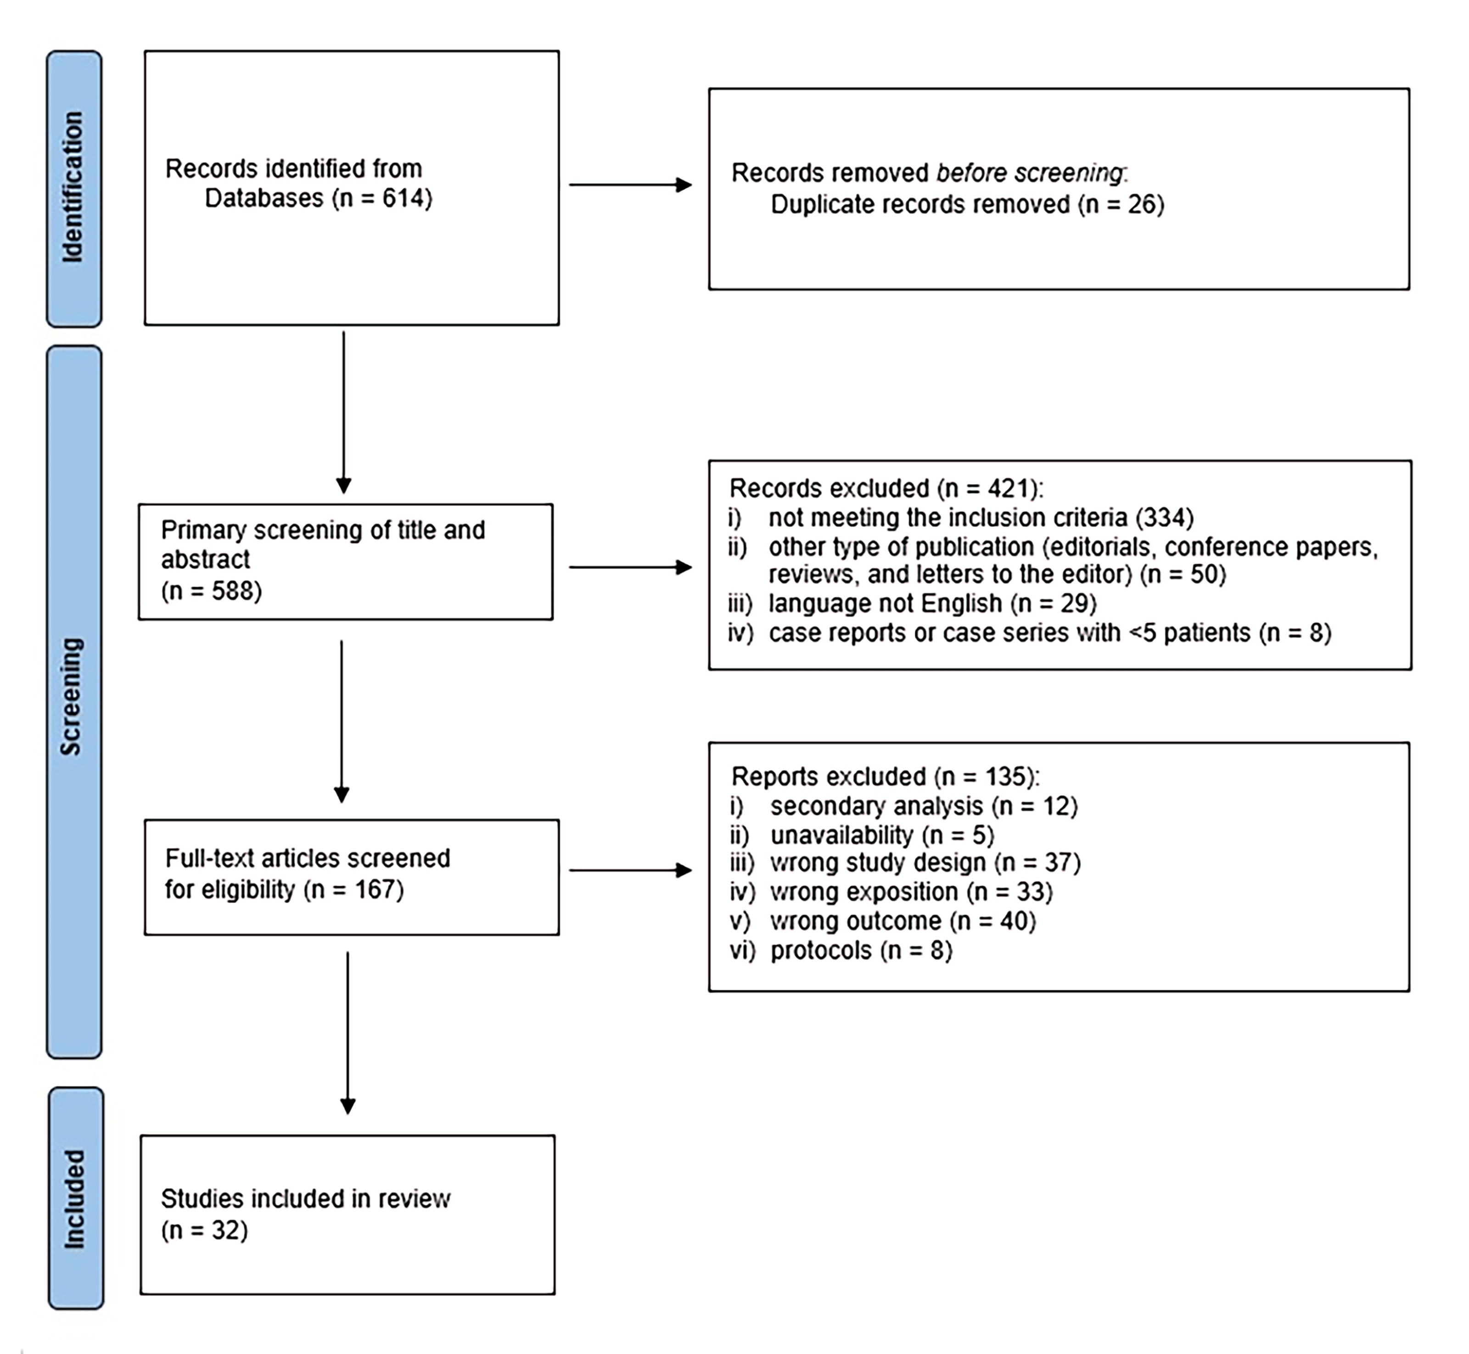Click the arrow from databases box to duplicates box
click(631, 185)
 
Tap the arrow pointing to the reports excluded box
click(631, 870)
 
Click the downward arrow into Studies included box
click(348, 1033)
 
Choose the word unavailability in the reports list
click(842, 834)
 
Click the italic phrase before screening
click(1029, 173)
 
